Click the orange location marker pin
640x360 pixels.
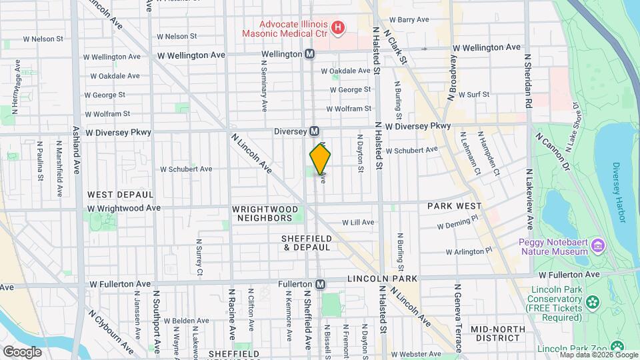pyautogui.click(x=321, y=160)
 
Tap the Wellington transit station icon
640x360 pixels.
pyautogui.click(x=310, y=54)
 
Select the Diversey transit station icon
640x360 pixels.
pyautogui.click(x=314, y=131)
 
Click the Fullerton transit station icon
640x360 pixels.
pyautogui.click(x=321, y=284)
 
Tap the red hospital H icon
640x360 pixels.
pyautogui.click(x=339, y=28)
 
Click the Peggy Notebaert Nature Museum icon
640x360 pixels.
pyautogui.click(x=597, y=246)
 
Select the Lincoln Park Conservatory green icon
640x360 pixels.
pyautogui.click(x=591, y=303)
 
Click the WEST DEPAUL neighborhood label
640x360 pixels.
pyautogui.click(x=121, y=195)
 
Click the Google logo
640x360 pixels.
pyautogui.click(x=22, y=351)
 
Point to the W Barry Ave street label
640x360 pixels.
pyautogui.click(x=409, y=20)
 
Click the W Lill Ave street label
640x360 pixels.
pyautogui.click(x=358, y=223)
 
